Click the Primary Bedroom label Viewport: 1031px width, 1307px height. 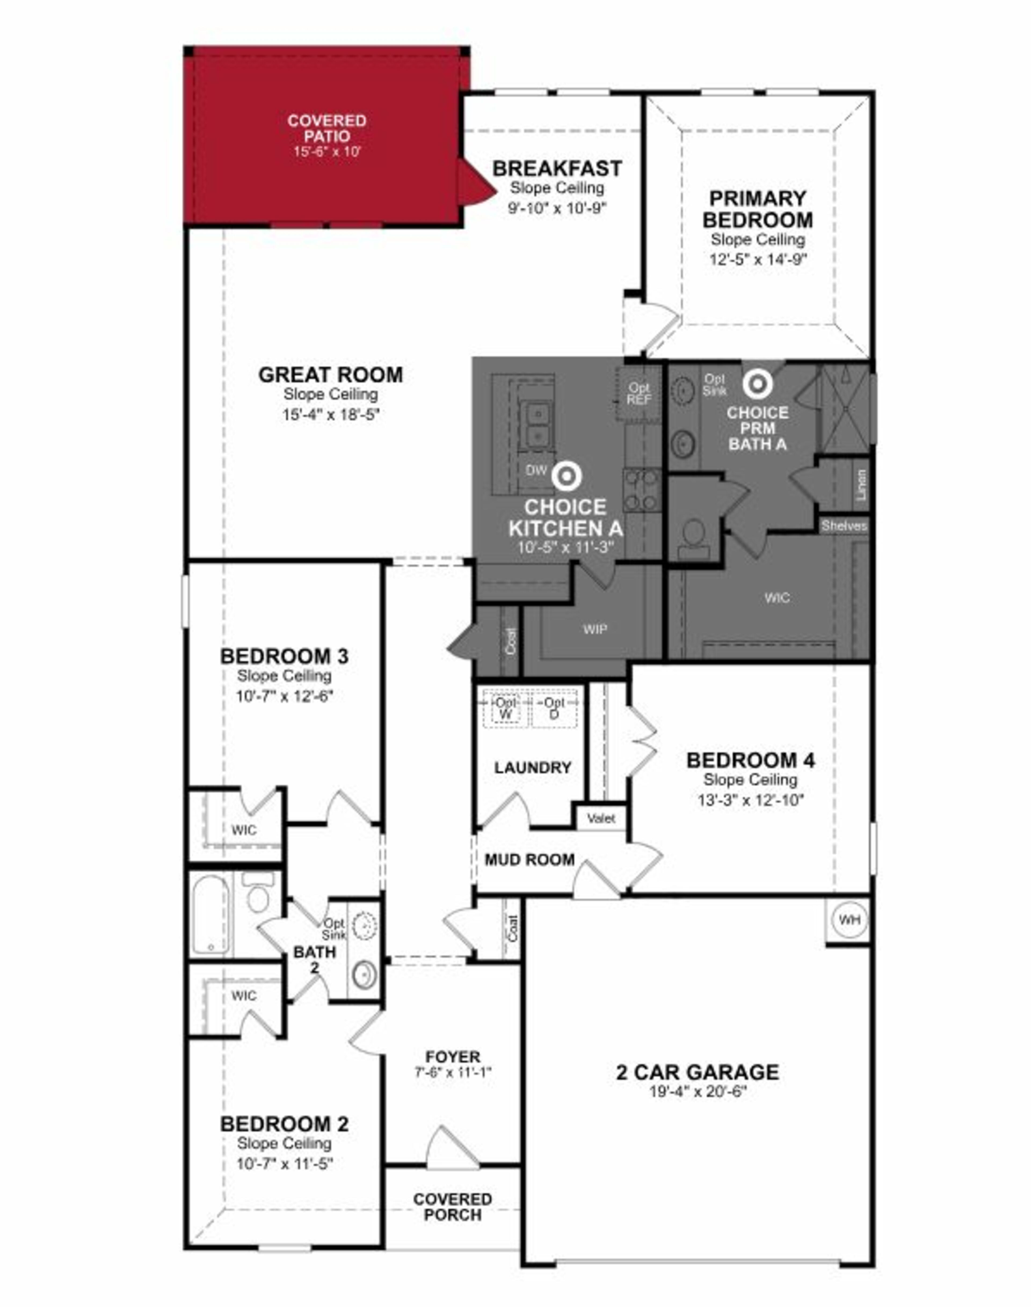tap(758, 209)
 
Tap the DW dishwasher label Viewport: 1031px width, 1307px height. tap(536, 470)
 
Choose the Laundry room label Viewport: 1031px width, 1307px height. tap(532, 768)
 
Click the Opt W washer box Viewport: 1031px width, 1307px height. tap(506, 708)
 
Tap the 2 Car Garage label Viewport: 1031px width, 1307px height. tap(697, 1072)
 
